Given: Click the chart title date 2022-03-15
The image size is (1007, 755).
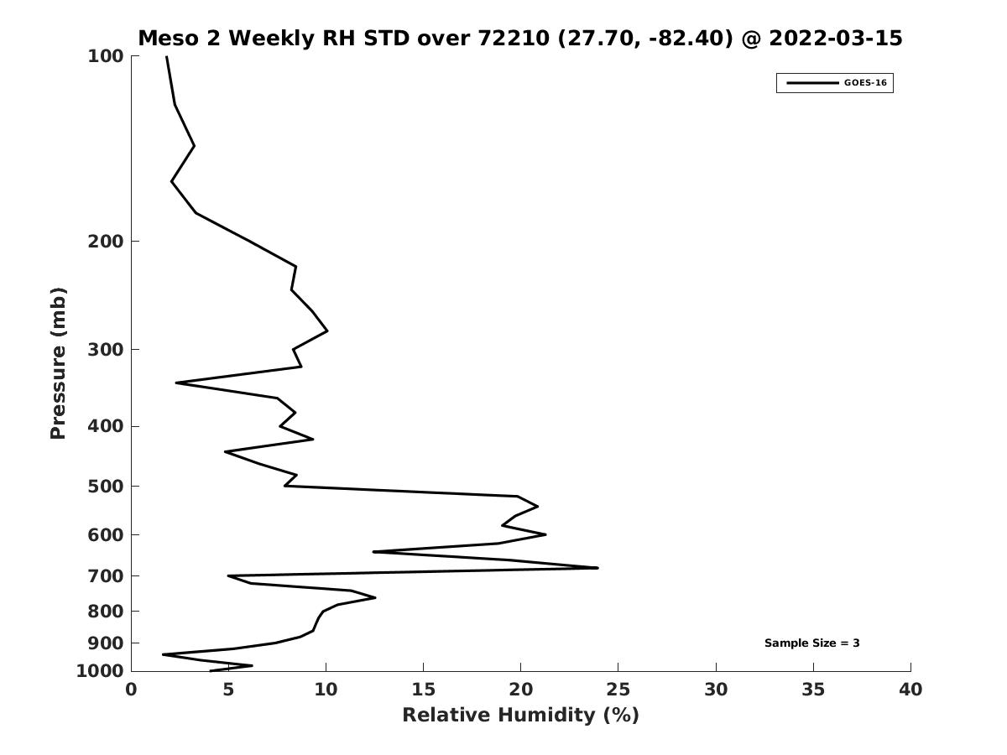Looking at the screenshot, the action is pos(836,38).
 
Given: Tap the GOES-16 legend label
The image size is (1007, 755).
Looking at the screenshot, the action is pos(865,83).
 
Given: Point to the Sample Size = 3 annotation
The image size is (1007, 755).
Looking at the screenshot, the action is pos(811,643).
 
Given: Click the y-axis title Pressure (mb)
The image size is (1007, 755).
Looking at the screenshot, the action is pos(58,363).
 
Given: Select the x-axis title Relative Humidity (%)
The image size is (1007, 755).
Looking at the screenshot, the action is pos(521,716).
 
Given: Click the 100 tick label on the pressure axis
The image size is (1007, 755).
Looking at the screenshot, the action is pos(106,56).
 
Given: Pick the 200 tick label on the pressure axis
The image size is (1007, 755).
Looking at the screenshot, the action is pos(106,241).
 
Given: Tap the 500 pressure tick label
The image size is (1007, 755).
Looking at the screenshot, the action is pos(106,486).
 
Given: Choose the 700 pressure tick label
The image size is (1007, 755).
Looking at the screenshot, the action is pos(106,575).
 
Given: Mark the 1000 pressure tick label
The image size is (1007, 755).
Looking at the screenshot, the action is pos(100,671).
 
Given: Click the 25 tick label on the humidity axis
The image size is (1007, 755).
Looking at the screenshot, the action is pos(618,690).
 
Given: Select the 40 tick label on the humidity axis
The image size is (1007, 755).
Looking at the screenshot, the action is pos(910,690).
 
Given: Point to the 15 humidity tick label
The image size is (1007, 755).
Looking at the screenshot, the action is pos(423,690).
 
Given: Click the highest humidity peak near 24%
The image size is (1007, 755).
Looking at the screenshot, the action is pos(597,568).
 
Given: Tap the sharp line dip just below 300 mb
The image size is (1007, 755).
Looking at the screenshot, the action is pos(176,383).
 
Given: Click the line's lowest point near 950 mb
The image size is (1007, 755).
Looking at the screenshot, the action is pos(164,654).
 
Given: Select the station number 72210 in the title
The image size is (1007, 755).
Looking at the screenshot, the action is pos(514,38).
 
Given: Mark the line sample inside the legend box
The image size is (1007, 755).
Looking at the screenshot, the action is pos(812,83).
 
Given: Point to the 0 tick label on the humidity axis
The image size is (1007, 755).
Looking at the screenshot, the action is pos(131,690).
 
